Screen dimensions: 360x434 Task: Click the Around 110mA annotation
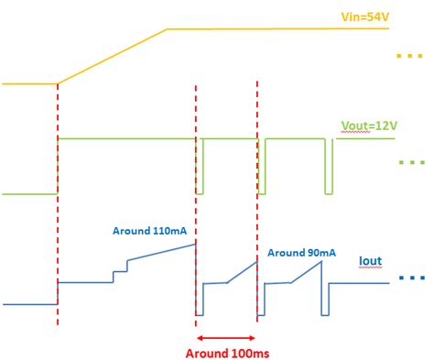point(149,231)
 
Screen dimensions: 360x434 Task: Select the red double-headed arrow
point(226,334)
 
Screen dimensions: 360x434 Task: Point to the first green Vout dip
point(200,167)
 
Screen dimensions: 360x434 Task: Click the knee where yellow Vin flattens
point(166,29)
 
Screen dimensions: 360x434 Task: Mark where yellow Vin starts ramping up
point(58,83)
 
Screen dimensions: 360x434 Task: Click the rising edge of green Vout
point(58,165)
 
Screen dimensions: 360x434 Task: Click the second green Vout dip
point(262,167)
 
